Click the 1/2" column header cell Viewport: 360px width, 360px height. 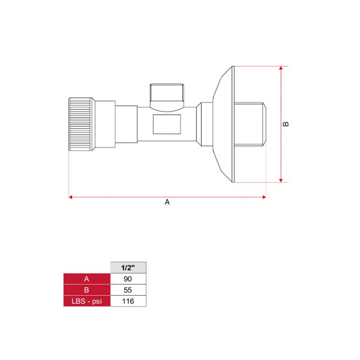128,268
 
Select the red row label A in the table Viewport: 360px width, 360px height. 87,279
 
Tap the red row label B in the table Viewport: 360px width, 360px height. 87,290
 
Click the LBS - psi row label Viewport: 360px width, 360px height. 87,301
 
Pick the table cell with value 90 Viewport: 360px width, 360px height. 128,279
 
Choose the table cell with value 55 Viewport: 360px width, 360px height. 128,290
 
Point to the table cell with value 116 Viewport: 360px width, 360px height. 128,301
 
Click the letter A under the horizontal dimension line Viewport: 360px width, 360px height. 167,202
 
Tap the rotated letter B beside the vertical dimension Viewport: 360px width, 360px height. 286,124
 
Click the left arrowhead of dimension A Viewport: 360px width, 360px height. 70,197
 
